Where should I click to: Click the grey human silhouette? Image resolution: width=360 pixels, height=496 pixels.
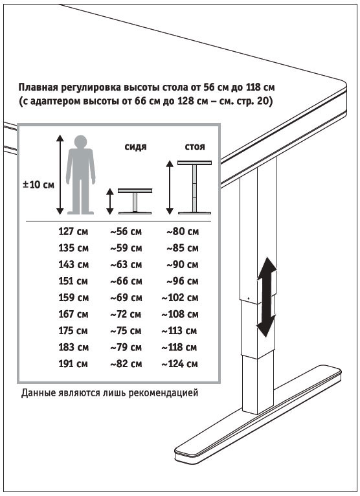[81, 175]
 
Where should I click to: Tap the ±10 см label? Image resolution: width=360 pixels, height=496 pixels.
[38, 185]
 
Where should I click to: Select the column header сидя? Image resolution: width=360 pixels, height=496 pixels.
[136, 147]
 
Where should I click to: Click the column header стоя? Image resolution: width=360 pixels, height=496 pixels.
[195, 147]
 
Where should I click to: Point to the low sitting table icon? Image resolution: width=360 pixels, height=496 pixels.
[135, 201]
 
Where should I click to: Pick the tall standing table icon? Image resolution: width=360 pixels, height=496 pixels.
[194, 187]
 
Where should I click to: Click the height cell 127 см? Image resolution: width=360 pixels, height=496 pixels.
[73, 232]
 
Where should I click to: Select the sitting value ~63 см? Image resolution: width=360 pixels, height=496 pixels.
[126, 264]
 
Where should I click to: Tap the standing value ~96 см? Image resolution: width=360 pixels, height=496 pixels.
[183, 281]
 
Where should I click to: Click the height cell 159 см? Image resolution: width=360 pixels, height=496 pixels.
[73, 298]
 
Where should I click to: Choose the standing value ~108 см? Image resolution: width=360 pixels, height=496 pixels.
[180, 314]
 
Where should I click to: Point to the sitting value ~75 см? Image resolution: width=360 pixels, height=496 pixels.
[126, 331]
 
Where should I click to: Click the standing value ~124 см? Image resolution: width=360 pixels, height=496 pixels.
[179, 364]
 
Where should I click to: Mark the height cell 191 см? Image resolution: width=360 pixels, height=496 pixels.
[73, 364]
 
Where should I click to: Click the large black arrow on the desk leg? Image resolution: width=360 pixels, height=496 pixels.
[267, 297]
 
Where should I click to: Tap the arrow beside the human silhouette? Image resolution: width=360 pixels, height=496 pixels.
[60, 175]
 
